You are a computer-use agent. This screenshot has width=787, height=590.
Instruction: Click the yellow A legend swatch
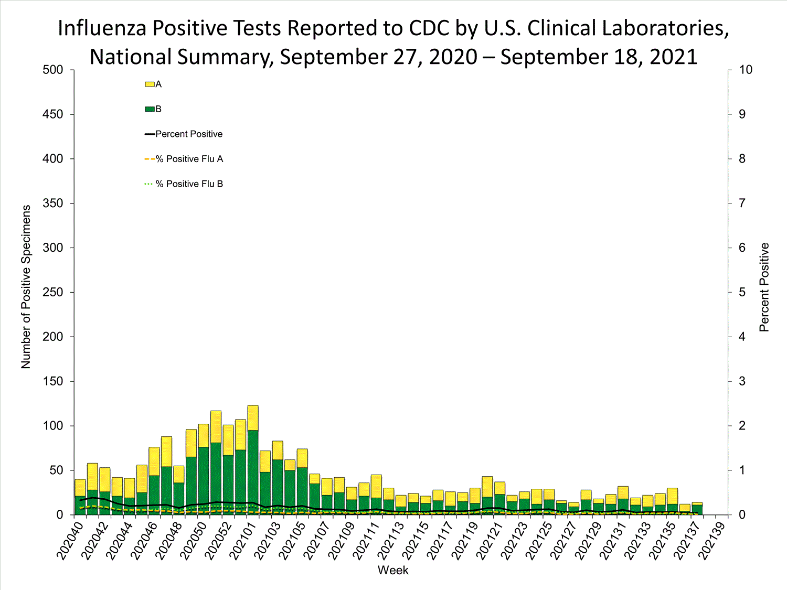coord(150,84)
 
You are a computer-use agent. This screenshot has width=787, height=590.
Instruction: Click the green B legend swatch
coord(150,109)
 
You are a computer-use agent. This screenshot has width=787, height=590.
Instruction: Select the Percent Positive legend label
coord(189,134)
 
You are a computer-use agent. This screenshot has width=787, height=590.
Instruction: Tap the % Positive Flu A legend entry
coord(189,159)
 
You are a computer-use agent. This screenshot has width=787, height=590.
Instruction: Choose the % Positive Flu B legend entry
coord(189,184)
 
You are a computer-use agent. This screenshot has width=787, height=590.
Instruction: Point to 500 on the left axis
coord(52,70)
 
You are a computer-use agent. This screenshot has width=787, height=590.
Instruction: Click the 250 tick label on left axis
coord(52,292)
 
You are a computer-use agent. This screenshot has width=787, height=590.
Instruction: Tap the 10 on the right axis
coord(745,70)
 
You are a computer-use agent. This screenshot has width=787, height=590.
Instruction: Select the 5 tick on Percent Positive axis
coord(742,292)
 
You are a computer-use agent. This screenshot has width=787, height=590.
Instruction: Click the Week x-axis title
coord(393,571)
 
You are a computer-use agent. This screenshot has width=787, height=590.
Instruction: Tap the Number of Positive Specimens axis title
coord(26,287)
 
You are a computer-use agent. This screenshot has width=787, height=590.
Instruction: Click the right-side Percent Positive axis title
coord(764,287)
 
